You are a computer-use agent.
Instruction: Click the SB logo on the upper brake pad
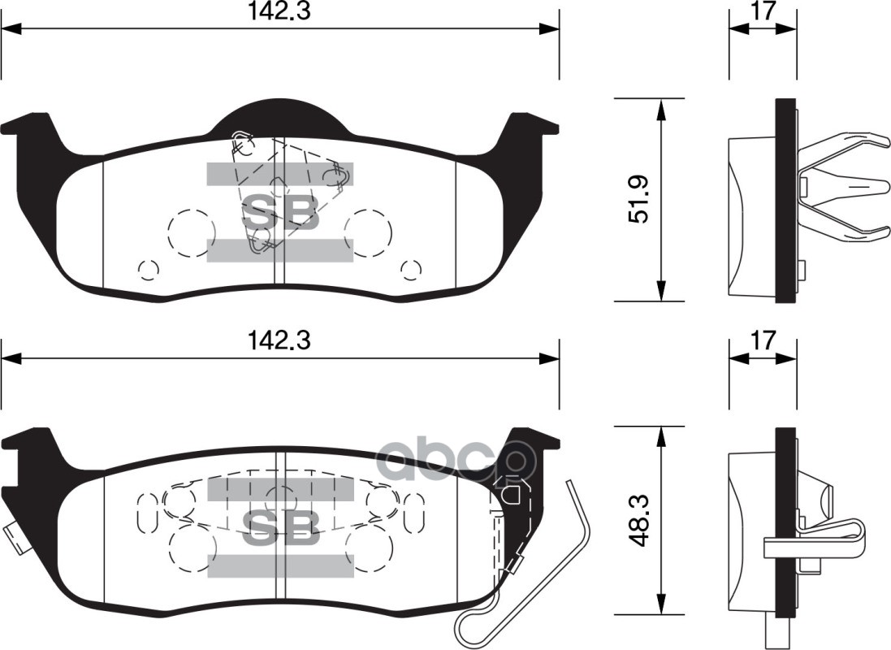pyautogui.click(x=280, y=213)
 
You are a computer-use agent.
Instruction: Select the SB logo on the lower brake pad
pyautogui.click(x=280, y=528)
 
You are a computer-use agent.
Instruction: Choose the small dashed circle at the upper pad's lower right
pyautogui.click(x=411, y=269)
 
